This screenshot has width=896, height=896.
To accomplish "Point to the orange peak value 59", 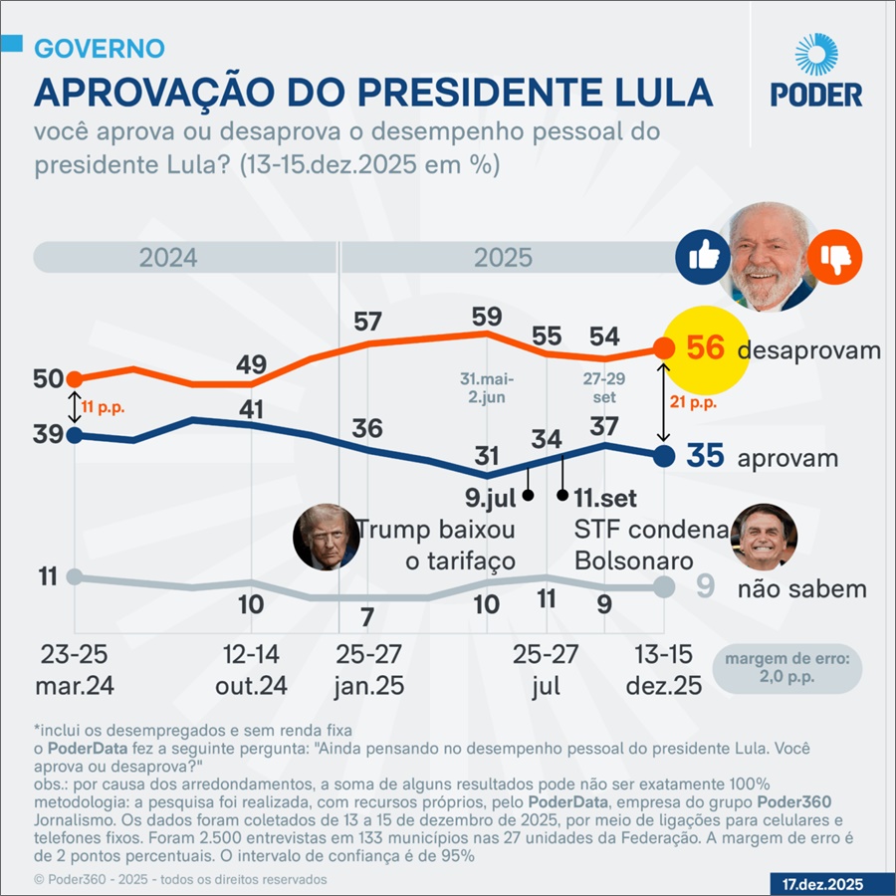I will point(487,318).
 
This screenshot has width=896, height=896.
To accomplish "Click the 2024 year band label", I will point(168,258).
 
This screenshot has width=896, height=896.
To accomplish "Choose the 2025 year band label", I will point(503,258).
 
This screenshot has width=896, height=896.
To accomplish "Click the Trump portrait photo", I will point(325,538).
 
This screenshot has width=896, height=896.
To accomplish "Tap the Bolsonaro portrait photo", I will point(764,536).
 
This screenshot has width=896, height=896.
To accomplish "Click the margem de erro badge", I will point(786,667).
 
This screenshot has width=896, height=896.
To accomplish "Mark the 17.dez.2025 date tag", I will point(820,883).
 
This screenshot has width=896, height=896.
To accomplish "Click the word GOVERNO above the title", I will point(100,48).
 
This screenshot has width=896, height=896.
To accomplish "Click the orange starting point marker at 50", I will point(73,378).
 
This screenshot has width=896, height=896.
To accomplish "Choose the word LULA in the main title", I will point(659,93).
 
